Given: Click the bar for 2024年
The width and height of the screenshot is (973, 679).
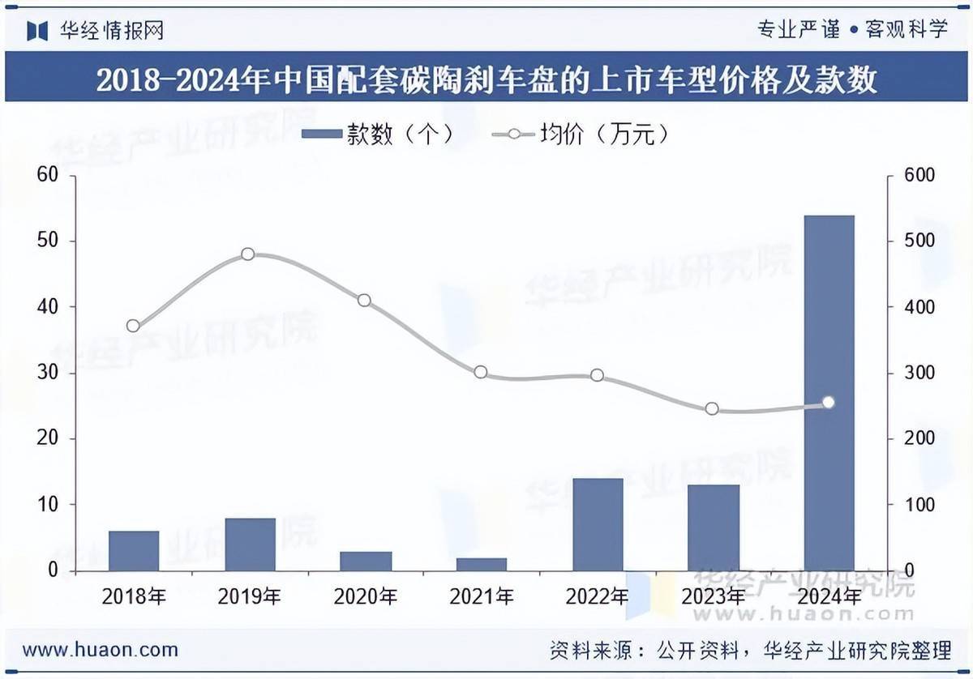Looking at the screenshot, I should click(x=829, y=393).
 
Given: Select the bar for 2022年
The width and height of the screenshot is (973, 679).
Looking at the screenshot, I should click(x=598, y=524).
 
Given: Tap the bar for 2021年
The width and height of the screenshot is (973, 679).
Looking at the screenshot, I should click(x=482, y=564).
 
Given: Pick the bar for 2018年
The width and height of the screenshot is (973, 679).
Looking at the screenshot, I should click(x=134, y=551).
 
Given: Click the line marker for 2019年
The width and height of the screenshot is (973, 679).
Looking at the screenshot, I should click(x=248, y=254).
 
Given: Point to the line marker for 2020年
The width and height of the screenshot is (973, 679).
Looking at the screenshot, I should click(x=364, y=301).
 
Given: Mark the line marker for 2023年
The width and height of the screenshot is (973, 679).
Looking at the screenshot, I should click(x=712, y=409).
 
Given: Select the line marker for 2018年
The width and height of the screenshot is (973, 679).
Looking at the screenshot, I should click(x=134, y=327).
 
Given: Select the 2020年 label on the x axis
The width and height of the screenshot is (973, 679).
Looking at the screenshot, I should click(x=365, y=598).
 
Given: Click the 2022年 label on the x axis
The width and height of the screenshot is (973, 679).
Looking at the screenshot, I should click(x=597, y=598).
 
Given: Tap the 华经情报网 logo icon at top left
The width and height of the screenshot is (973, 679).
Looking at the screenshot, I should click(x=38, y=31).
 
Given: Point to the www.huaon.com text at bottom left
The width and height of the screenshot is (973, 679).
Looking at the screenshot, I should click(x=100, y=649).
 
